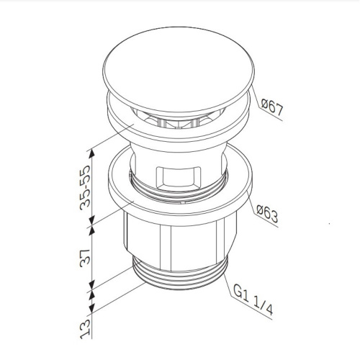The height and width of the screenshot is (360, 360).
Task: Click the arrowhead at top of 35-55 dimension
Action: click(x=90, y=150)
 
